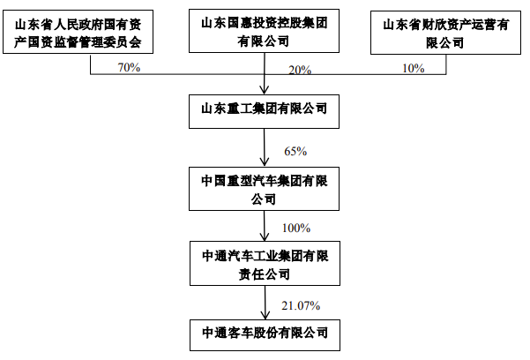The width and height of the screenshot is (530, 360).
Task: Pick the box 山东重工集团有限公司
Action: point(265,109)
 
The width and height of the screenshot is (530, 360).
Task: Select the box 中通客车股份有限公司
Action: point(265,334)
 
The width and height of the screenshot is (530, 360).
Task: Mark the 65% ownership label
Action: point(295,151)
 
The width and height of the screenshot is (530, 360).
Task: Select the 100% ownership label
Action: point(295,228)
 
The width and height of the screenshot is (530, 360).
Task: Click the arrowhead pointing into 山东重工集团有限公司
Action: point(265,89)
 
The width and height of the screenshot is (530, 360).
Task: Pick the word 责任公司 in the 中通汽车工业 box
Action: point(265,273)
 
